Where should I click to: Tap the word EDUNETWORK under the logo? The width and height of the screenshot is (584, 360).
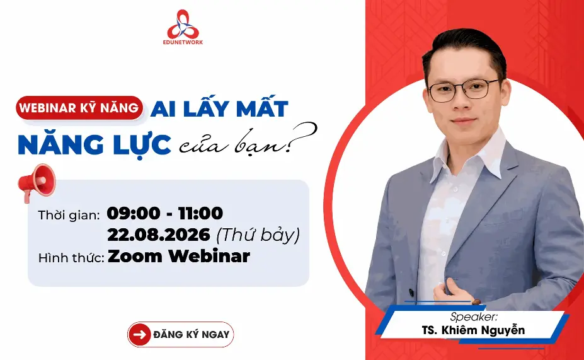[183, 42]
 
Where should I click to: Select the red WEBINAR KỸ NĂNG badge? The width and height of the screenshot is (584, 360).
[79, 108]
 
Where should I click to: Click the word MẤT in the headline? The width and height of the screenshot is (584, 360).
[262, 108]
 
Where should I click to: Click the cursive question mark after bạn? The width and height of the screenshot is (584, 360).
[304, 137]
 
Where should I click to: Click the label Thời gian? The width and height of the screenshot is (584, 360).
[69, 215]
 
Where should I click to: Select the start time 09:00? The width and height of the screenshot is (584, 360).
[134, 213]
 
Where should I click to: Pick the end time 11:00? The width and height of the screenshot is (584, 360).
[200, 213]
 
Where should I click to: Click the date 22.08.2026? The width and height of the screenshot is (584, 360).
[159, 235]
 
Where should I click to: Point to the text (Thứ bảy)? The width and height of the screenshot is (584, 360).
[258, 235]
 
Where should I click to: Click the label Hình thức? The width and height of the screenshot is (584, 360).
[71, 258]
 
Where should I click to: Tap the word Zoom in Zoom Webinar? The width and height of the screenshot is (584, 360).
[135, 257]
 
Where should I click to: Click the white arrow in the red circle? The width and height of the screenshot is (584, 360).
[140, 334]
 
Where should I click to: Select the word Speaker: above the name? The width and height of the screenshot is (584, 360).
[474, 316]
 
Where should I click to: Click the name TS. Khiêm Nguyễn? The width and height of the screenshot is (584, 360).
[473, 330]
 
